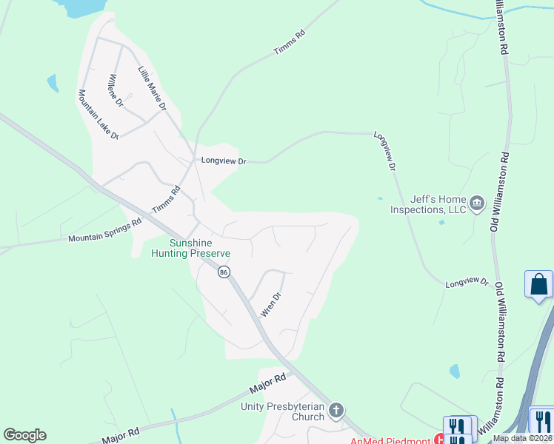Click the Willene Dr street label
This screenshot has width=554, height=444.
click(119, 89)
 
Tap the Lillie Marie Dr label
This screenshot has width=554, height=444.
click(153, 89)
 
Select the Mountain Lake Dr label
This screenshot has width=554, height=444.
click(99, 115)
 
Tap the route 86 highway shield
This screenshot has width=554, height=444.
click(223, 272)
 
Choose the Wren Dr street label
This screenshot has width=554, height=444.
click(272, 305)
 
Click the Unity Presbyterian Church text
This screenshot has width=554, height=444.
click(283, 411)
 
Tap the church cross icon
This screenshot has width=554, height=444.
click(336, 410)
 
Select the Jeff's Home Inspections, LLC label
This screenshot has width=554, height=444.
click(429, 204)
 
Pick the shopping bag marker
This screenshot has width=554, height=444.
click(538, 284)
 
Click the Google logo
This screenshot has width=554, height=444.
click(24, 435)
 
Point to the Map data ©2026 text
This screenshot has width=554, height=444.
click(522, 438)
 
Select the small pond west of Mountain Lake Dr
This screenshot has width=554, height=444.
click(53, 83)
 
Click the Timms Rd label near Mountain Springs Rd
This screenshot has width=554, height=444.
click(166, 200)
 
